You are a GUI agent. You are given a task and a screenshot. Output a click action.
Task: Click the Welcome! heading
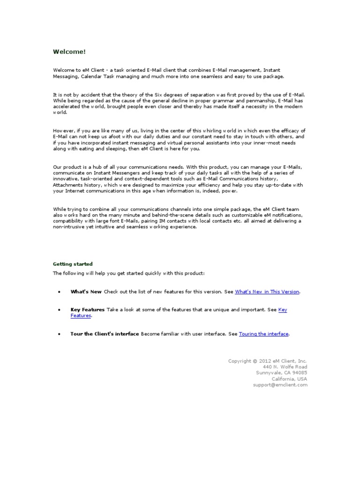coord(69,52)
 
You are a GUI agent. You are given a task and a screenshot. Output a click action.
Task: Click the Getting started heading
coord(73,264)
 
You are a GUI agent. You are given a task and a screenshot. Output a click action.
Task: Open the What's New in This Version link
coord(267,292)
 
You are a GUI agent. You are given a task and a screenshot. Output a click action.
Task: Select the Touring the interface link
coord(264,334)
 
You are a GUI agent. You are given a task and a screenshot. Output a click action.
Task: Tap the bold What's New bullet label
coord(86,292)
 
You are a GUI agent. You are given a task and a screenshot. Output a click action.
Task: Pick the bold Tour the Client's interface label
coord(105,334)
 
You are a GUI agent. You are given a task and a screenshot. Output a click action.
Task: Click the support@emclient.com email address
coord(280,385)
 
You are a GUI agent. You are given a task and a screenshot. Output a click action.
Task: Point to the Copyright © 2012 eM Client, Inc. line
coord(267,361)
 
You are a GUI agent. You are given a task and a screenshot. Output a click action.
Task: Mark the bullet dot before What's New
coord(59,292)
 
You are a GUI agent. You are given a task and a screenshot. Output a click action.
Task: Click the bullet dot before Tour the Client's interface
coord(59,334)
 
